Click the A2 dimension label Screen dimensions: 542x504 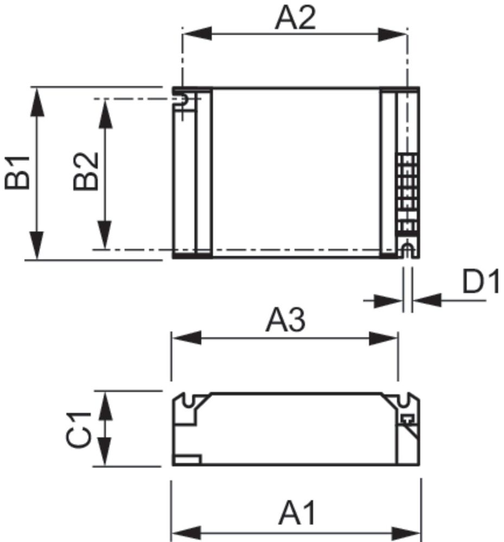pos(295,19)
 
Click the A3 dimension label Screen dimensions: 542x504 pos(285,321)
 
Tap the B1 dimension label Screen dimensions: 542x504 pos(18,172)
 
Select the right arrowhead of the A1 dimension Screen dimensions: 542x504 pos(407,531)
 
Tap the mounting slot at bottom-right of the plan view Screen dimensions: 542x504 pos(407,250)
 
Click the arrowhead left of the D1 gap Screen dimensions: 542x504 pos(389,300)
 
